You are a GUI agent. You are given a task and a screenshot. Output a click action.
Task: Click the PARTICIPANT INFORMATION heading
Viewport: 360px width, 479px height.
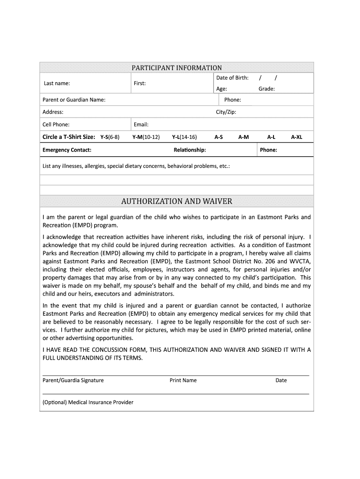176,68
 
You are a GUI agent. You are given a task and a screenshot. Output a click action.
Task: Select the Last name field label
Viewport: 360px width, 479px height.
57,83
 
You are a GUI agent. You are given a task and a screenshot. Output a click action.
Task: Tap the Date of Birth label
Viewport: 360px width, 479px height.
232,78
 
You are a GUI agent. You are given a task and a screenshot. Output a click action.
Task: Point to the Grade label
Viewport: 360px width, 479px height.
266,88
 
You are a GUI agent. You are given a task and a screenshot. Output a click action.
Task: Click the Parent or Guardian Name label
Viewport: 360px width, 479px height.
74,100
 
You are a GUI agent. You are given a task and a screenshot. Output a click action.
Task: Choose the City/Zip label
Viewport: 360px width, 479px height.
226,112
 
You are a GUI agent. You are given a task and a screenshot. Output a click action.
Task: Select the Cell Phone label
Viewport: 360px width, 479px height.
56,124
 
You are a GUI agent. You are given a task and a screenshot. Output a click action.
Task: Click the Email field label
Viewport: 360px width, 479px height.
141,124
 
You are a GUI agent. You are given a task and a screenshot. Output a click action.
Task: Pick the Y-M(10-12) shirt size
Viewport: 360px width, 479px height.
146,137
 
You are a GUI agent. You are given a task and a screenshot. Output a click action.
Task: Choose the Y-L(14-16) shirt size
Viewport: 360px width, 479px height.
184,137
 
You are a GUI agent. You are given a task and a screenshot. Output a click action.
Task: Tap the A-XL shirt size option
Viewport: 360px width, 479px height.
296,137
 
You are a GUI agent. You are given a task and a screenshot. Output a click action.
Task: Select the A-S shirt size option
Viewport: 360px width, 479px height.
218,137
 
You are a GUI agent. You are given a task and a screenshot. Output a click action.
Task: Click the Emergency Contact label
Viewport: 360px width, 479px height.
67,150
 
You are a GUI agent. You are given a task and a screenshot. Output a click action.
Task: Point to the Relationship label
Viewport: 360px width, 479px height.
189,150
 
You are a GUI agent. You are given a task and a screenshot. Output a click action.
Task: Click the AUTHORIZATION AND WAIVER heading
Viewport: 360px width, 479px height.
176,202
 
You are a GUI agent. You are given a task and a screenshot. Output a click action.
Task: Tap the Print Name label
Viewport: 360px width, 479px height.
183,380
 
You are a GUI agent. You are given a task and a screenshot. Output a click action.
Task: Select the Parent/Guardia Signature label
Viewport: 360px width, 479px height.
73,380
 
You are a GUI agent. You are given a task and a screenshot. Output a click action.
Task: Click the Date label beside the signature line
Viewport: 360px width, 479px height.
281,380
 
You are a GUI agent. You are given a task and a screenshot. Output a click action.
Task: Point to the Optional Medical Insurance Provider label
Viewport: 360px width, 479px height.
88,402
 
